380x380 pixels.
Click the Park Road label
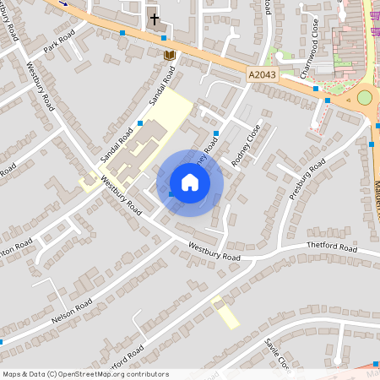tap(60, 41)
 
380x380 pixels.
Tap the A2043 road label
tap(263, 76)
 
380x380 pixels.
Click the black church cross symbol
tap(155, 19)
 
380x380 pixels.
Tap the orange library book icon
tap(169, 55)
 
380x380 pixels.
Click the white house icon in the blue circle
tap(190, 182)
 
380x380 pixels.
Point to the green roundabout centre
tap(365, 98)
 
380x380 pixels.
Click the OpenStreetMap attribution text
tap(84, 374)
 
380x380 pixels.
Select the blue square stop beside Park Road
tap(122, 33)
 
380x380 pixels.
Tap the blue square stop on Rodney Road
tap(217, 133)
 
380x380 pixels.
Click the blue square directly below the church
tap(164, 38)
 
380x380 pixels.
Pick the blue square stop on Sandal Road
tap(139, 123)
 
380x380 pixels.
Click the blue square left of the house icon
tap(171, 194)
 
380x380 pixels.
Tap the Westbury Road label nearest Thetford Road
tap(214, 251)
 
